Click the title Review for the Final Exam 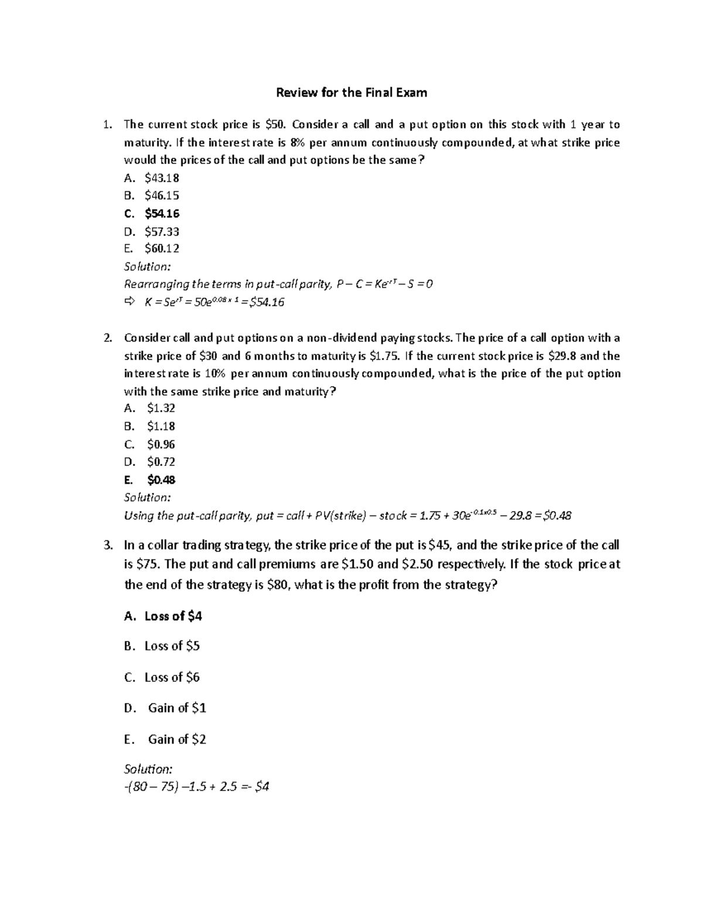351,93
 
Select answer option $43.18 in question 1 162,178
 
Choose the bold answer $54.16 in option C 162,213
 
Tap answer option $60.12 162,248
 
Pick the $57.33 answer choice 162,231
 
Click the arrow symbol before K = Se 129,302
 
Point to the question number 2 107,338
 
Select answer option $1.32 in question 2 161,408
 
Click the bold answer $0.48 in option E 161,480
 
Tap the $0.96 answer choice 161,444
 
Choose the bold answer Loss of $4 173,616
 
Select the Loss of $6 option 172,677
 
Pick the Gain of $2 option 177,739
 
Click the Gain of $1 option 177,708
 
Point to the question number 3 107,546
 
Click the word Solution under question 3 148,769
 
